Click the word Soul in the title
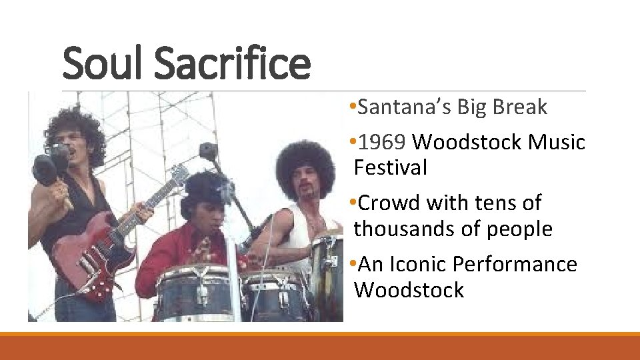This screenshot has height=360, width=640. (x=103, y=63)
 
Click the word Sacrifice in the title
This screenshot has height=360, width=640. (x=233, y=63)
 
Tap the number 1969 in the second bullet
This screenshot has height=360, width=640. (x=383, y=142)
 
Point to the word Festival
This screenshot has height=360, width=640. (x=391, y=167)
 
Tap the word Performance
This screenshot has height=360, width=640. (x=515, y=264)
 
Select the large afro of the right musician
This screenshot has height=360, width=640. (x=305, y=163)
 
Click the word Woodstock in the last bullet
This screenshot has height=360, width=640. (x=409, y=290)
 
